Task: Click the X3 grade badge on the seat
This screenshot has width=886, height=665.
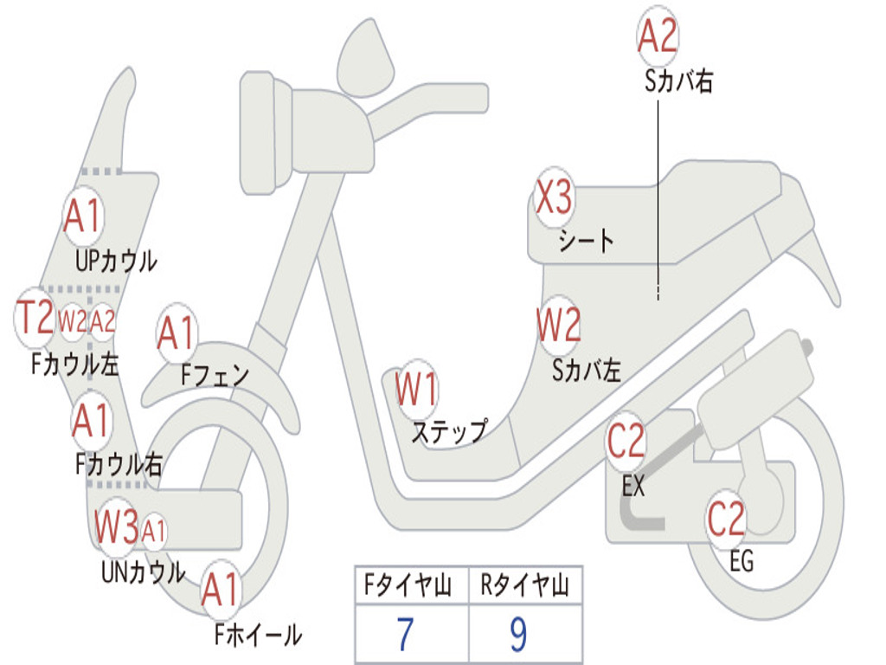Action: [x=554, y=199]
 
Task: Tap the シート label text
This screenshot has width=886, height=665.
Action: [x=586, y=240]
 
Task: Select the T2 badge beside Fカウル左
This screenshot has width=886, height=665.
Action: [x=36, y=319]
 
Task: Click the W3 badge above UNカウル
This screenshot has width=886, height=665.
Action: [x=116, y=526]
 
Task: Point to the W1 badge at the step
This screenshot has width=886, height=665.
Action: [x=416, y=391]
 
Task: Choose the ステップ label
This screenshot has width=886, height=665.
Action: [x=448, y=431]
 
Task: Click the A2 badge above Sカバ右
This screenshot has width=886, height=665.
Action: [x=657, y=37]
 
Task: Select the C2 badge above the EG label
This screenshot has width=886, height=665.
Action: [x=726, y=519]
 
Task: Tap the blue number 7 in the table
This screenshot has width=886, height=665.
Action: [x=405, y=636]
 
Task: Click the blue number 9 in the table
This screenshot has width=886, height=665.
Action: [x=518, y=636]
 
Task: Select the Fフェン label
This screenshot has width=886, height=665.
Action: [x=215, y=375]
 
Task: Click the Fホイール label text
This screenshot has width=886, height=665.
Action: [x=258, y=636]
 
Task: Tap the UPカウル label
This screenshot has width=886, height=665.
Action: [x=116, y=260]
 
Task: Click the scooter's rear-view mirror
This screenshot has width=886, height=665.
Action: [x=365, y=57]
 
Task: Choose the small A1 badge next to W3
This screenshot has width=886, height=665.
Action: [x=153, y=530]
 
